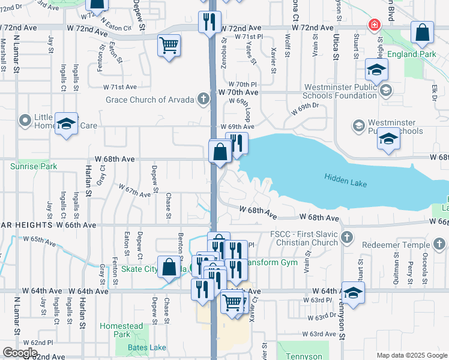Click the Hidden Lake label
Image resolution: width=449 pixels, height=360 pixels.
pyautogui.click(x=345, y=178)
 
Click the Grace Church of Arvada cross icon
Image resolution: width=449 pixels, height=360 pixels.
pyautogui.click(x=203, y=99)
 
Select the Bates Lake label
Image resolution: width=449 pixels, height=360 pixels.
pyautogui.click(x=147, y=347)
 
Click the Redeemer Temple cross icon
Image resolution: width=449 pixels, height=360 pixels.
pyautogui.click(x=439, y=244)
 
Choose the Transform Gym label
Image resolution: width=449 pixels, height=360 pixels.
pyautogui.click(x=270, y=260)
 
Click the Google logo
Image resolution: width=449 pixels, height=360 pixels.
pyautogui.click(x=20, y=353)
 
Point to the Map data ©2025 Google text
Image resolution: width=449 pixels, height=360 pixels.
pyautogui.click(x=412, y=355)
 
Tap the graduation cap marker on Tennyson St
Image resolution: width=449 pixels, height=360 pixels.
pyautogui.click(x=353, y=293)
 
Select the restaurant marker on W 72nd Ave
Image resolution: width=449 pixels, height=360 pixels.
pyautogui.click(x=209, y=22)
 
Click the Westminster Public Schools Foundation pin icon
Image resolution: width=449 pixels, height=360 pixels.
pyautogui.click(x=385, y=90)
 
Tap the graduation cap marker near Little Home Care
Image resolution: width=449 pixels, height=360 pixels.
pyautogui.click(x=66, y=123)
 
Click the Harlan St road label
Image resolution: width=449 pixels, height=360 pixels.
pyautogui.click(x=88, y=181)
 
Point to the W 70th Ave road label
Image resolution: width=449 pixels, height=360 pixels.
pyautogui.click(x=239, y=92)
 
